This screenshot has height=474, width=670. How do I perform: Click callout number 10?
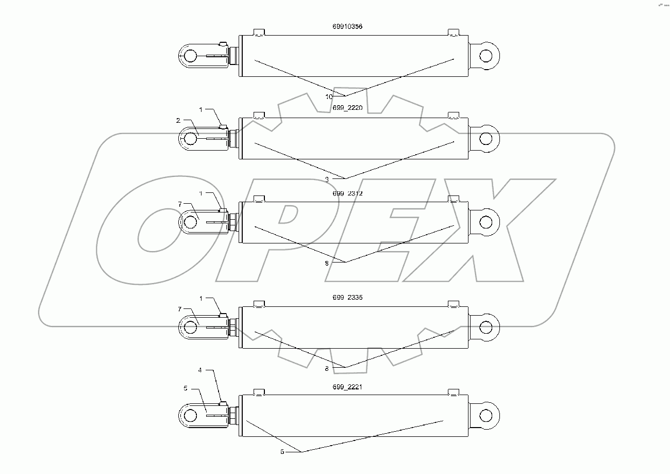click(x=329, y=96)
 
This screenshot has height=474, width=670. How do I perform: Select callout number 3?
click(x=327, y=178)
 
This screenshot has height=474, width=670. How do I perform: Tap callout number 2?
click(x=178, y=120)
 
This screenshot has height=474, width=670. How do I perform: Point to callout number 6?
click(x=282, y=452)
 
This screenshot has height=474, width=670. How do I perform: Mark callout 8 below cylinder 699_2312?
click(x=327, y=263)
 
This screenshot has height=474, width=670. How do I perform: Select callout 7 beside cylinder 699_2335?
click(x=179, y=309)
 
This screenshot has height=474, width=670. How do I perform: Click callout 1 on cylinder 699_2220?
click(x=201, y=110)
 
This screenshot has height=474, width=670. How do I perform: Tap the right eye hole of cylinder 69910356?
click(x=485, y=55)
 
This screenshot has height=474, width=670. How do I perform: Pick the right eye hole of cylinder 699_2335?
click(x=485, y=327)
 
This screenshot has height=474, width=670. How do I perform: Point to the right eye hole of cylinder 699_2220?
click(x=485, y=138)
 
